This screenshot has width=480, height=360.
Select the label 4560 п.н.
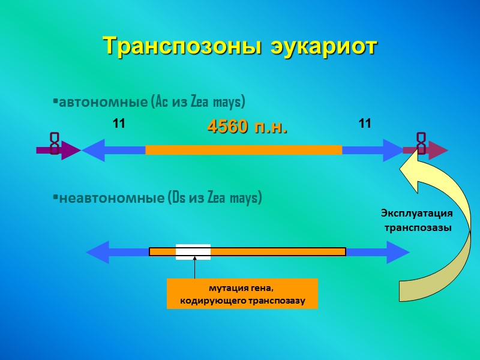tap(247, 127)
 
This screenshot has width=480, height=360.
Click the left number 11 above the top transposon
tap(119, 124)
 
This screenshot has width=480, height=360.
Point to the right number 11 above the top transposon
tap(365, 124)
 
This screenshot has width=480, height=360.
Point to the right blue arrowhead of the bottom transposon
tap(397, 252)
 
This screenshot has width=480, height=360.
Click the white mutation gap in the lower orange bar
tap(193, 252)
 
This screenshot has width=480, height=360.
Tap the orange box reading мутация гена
tap(242, 293)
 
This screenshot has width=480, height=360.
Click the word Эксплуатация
tap(416, 213)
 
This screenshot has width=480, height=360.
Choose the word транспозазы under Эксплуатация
tap(418, 228)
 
